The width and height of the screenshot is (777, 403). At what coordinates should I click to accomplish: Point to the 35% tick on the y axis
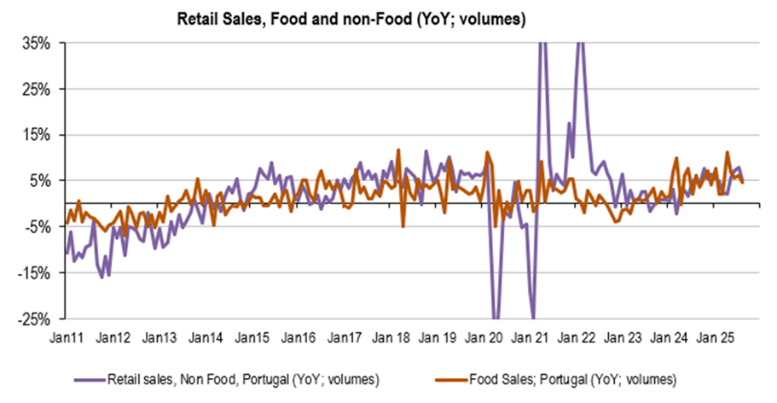[39, 43]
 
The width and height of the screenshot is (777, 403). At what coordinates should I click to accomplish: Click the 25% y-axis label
[39, 89]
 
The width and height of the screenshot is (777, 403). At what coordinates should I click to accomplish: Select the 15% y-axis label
[39, 135]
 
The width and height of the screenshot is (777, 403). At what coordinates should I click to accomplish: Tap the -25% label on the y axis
[38, 318]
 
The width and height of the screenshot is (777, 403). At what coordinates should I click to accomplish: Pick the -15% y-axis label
[38, 272]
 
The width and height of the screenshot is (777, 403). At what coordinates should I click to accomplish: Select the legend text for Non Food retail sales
[243, 376]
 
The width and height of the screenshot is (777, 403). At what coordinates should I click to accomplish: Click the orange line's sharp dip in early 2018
[403, 226]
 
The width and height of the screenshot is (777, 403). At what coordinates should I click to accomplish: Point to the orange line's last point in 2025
[742, 182]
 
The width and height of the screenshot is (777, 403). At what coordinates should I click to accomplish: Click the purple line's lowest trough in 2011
[101, 277]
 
